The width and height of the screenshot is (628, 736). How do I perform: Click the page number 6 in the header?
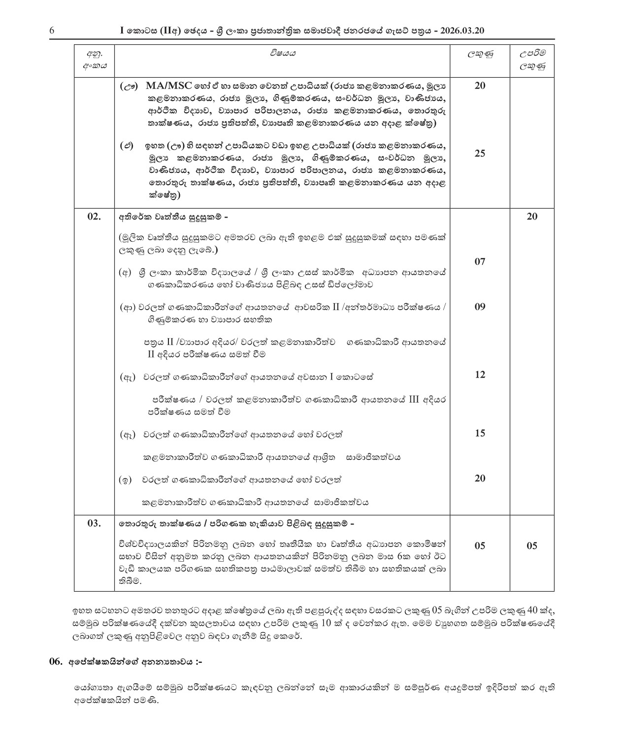coord(52,31)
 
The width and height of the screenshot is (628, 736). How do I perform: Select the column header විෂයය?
coord(282,53)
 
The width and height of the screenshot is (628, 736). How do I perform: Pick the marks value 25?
coord(480,154)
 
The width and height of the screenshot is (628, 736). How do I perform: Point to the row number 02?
coord(94,217)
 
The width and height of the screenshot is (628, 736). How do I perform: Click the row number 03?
coord(94,523)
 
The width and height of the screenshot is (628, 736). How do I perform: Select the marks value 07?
coord(480,262)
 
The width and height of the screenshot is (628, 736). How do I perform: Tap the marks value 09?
coord(480,307)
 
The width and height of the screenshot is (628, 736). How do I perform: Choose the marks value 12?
coord(480,375)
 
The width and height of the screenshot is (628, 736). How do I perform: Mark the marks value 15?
coord(480,434)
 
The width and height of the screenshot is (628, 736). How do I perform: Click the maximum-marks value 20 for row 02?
coord(532,217)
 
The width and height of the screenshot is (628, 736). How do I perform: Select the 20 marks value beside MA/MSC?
coord(480,86)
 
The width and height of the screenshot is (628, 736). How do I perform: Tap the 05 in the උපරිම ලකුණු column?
coord(532,546)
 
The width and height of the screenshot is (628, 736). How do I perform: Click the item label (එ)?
coord(127,146)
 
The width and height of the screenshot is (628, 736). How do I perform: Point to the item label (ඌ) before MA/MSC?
coord(129,86)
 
